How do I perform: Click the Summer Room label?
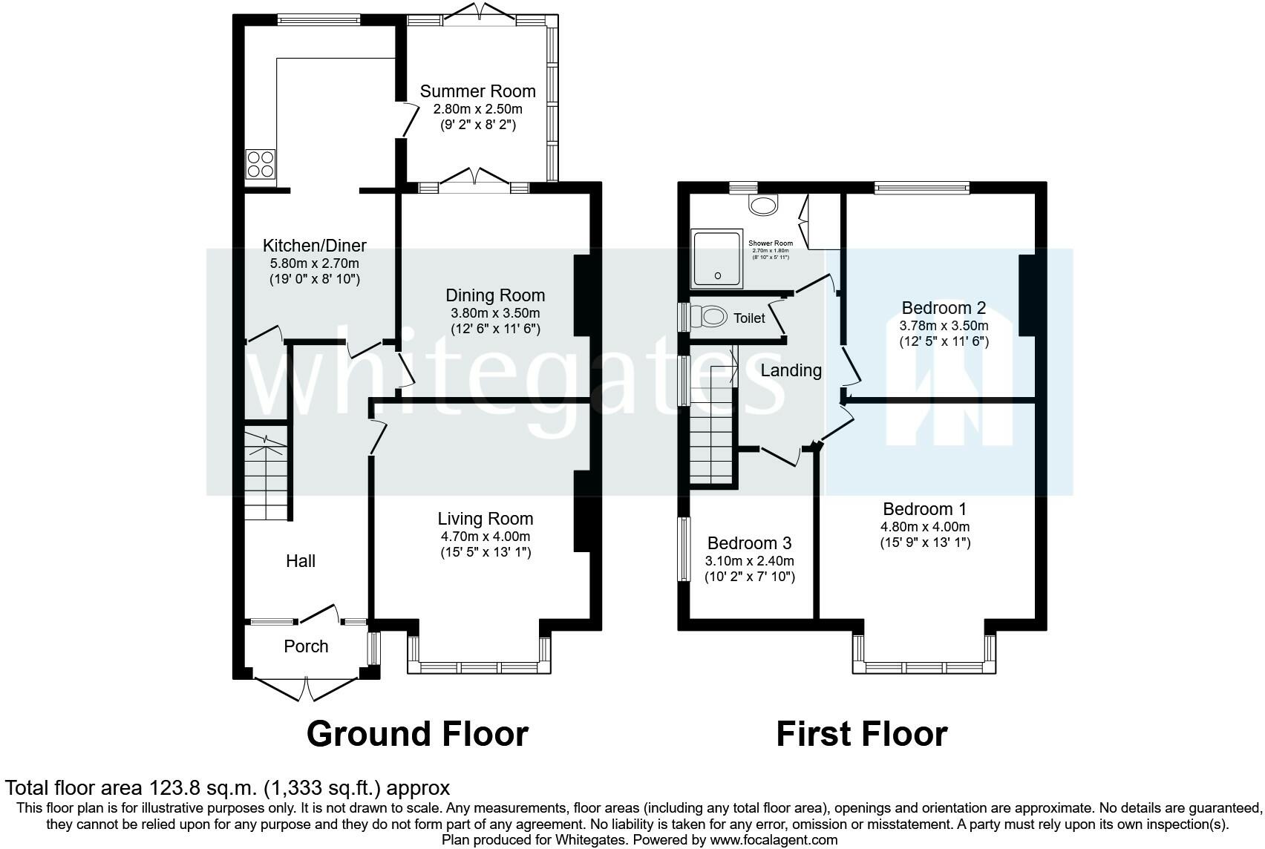coord(477,91)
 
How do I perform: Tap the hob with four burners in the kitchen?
coord(261,164)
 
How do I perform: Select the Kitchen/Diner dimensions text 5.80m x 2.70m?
coord(314,263)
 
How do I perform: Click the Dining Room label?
coord(495,295)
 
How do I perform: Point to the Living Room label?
coord(485,519)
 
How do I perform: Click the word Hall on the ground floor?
coord(301,561)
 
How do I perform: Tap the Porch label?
coord(306,646)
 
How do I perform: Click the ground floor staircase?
coord(266,475)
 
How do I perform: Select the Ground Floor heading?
coord(417,734)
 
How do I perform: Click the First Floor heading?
coord(861,734)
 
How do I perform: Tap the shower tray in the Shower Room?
coord(717,258)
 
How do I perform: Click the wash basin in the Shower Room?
coord(763,204)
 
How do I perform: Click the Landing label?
coord(791,370)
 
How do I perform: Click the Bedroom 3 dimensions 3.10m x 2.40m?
coord(750,561)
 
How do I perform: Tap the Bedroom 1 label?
coord(924,509)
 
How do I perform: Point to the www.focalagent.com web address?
coord(774,840)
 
